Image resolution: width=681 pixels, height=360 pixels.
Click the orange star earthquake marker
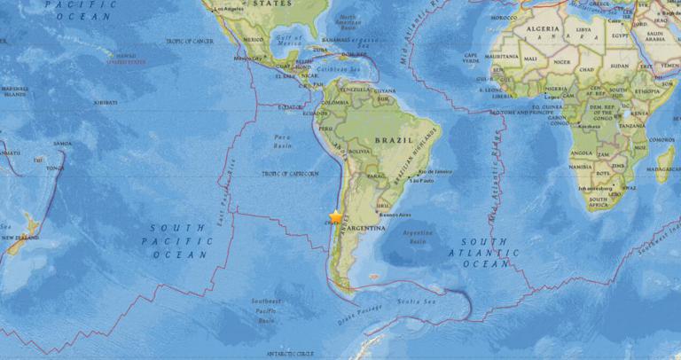click(335, 215)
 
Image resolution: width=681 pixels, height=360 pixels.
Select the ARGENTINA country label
click(365, 228)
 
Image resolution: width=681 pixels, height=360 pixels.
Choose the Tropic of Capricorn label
click(289, 174)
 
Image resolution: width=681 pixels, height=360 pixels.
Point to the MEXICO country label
click(254, 40)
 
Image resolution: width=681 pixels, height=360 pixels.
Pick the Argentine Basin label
click(417, 237)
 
